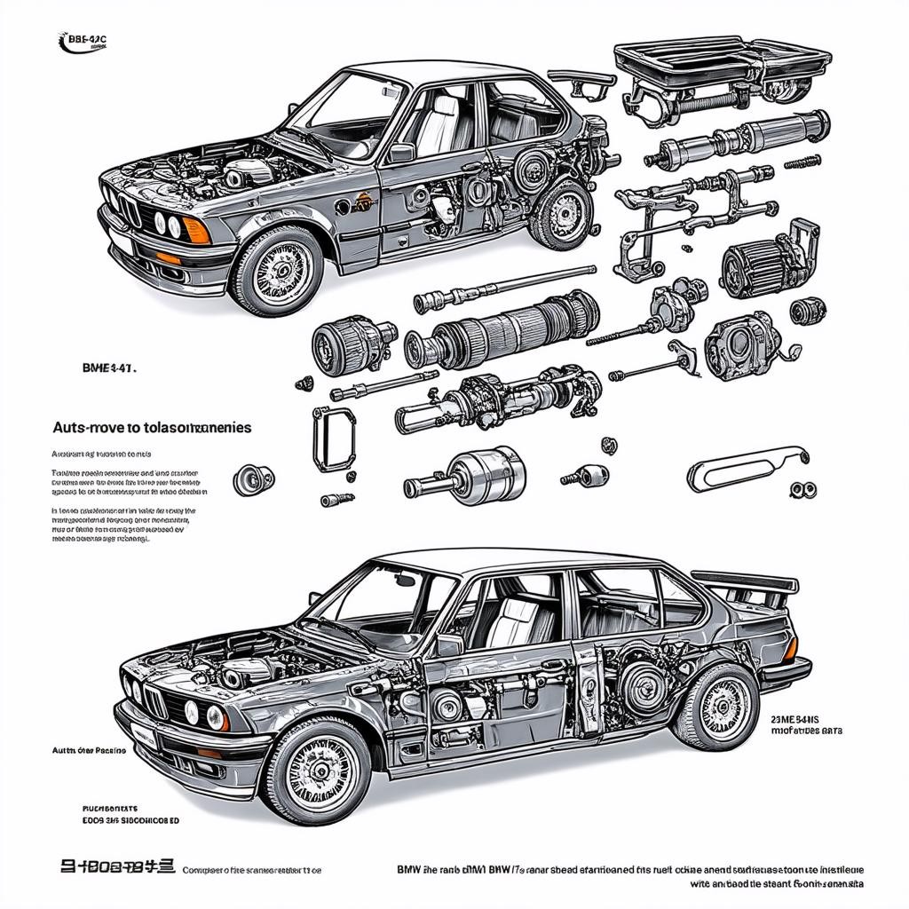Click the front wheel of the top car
[x=277, y=270]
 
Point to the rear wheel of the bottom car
[x=715, y=705]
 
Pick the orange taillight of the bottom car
[x=789, y=648]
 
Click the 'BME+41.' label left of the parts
[x=109, y=365]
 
